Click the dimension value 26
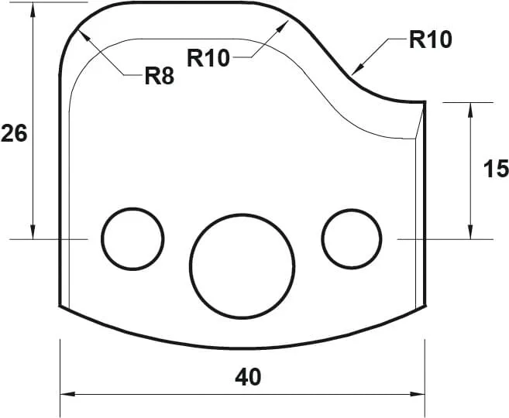point(14,134)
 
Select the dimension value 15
point(495,169)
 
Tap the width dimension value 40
point(248,377)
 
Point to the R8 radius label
point(160,76)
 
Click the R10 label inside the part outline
point(208,57)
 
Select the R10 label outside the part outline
point(430,39)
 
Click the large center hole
point(242,266)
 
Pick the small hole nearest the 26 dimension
point(133,238)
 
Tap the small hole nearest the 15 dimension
point(353,238)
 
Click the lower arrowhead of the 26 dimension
point(33,234)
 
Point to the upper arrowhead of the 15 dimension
point(470,107)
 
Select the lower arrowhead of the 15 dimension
point(470,234)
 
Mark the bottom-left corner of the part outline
point(60,306)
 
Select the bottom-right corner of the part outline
point(426,305)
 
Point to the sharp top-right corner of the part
point(426,101)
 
